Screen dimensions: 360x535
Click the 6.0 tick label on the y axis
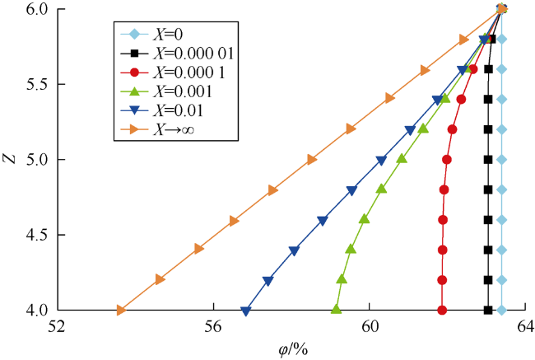click(x=38, y=9)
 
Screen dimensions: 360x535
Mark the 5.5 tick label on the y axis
click(x=38, y=85)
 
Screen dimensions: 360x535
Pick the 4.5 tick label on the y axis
click(x=38, y=236)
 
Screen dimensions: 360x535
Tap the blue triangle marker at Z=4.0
click(x=246, y=311)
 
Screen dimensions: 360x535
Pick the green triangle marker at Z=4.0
click(x=337, y=310)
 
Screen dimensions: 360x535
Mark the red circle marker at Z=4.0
click(x=442, y=311)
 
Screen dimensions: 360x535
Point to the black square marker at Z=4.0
click(x=488, y=311)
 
